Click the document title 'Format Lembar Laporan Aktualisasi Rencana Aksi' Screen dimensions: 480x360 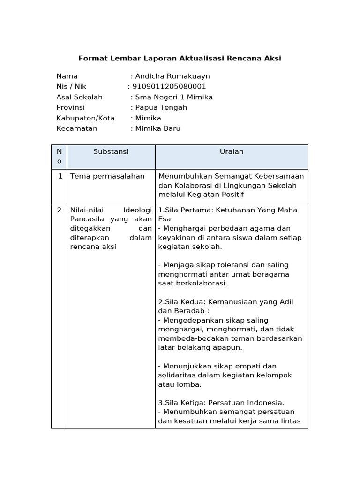coord(180,59)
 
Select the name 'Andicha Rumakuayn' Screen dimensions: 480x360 coord(172,76)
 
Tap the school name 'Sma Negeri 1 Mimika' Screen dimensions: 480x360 coord(173,97)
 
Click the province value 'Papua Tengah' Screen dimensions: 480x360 coord(161,107)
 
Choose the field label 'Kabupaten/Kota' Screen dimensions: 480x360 coord(85,118)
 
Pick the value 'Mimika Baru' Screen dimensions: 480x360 coord(157,128)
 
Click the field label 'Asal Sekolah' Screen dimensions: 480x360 coord(79,97)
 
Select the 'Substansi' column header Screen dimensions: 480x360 coord(111,152)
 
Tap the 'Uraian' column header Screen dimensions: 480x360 coord(232,152)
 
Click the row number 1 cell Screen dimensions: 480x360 coord(60,176)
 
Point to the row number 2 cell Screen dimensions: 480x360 coord(60,210)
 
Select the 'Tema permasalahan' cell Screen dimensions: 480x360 coord(107,176)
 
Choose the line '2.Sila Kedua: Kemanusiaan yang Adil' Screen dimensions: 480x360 coord(226,302)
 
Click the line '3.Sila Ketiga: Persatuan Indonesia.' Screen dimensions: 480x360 coord(221,403)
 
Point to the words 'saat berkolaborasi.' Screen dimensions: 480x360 coord(193,283)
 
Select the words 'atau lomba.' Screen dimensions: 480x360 coord(180,384)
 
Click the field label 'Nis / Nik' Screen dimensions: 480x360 coord(71,86)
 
